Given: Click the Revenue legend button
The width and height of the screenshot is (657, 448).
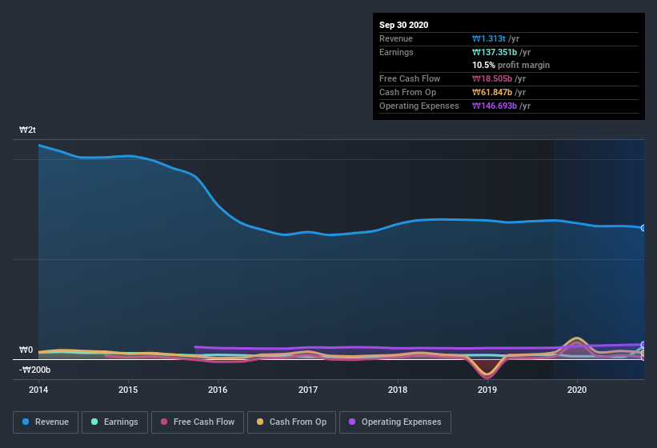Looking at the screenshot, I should [46, 422].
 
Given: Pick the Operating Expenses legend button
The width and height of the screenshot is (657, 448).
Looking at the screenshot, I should [395, 422].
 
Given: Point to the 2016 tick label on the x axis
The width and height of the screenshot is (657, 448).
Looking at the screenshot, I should [218, 390].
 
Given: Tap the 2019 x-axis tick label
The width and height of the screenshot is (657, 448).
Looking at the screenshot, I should [487, 390].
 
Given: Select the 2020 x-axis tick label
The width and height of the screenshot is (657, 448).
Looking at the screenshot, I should [577, 390].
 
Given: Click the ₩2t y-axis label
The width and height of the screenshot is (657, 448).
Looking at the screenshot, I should [29, 130].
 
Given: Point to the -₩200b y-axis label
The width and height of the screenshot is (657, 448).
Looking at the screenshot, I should [35, 370].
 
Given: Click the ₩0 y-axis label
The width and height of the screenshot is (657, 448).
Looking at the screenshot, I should [26, 350].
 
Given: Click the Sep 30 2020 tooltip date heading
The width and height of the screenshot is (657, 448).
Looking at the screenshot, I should [403, 25].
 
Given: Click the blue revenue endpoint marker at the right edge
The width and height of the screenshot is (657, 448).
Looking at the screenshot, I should [643, 228].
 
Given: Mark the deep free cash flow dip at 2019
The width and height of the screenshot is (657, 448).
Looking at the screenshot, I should [487, 376].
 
